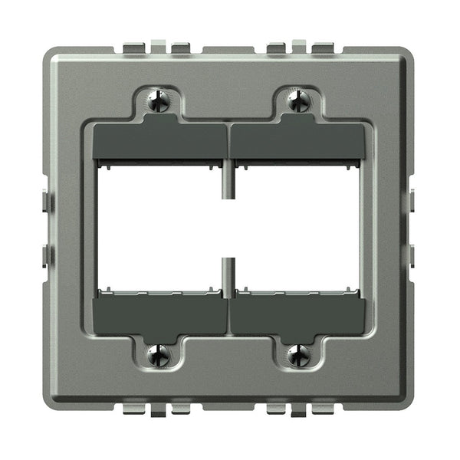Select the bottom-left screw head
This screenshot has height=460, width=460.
[x=159, y=354]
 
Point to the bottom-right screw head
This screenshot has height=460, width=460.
[x=299, y=354]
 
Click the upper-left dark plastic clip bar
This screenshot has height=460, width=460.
[x=159, y=141]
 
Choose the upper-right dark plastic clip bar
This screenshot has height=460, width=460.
[x=297, y=141]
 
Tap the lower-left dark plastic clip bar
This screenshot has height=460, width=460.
[x=159, y=315]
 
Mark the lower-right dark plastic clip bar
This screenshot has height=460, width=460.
[x=297, y=315]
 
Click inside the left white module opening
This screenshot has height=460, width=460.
[x=161, y=228]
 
